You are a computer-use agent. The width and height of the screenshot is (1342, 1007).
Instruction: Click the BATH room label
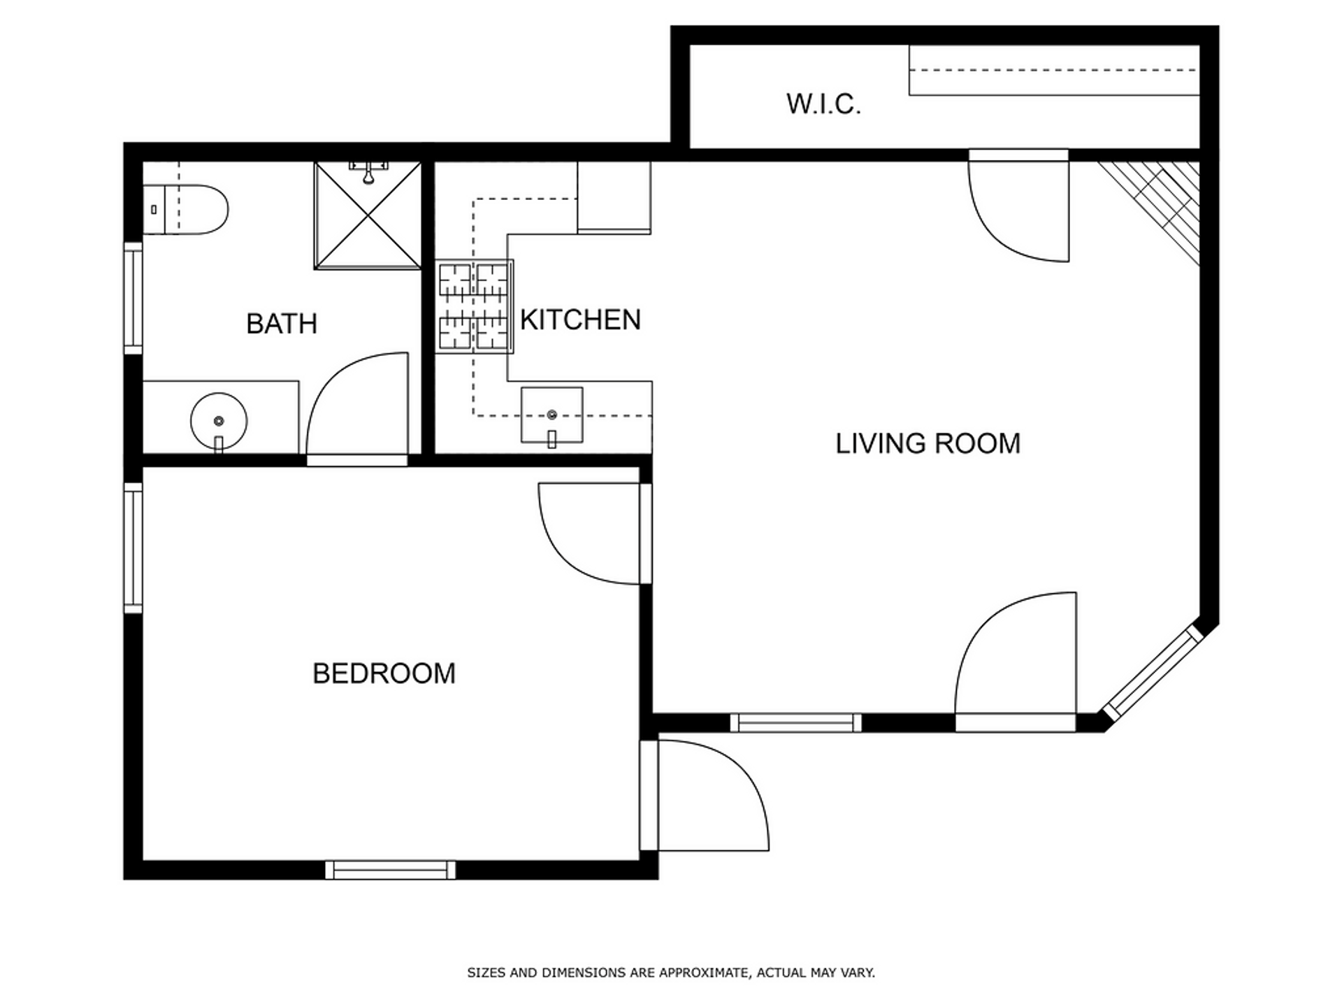tap(282, 324)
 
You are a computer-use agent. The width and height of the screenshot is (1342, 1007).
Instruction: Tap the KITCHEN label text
tap(580, 320)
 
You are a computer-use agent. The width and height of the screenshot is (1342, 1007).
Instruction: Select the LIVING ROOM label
tap(928, 443)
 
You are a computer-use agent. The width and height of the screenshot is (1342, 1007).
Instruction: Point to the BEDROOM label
tap(384, 673)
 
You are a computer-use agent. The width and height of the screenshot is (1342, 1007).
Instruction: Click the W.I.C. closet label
tap(823, 104)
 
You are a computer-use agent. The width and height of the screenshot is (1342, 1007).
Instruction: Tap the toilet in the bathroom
tap(186, 209)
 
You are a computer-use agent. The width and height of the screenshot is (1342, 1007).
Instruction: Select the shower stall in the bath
tap(368, 215)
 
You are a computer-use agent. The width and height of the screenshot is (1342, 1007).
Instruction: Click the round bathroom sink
tap(219, 421)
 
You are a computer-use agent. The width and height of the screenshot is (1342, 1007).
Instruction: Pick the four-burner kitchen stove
tap(475, 306)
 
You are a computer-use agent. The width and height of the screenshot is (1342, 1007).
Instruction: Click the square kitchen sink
tap(551, 415)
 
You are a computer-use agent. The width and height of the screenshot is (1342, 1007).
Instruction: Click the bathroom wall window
tap(133, 299)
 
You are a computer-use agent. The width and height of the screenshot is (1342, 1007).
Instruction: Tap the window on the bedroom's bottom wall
tap(390, 870)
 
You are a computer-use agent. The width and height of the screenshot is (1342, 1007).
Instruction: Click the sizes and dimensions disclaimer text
tap(671, 973)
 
